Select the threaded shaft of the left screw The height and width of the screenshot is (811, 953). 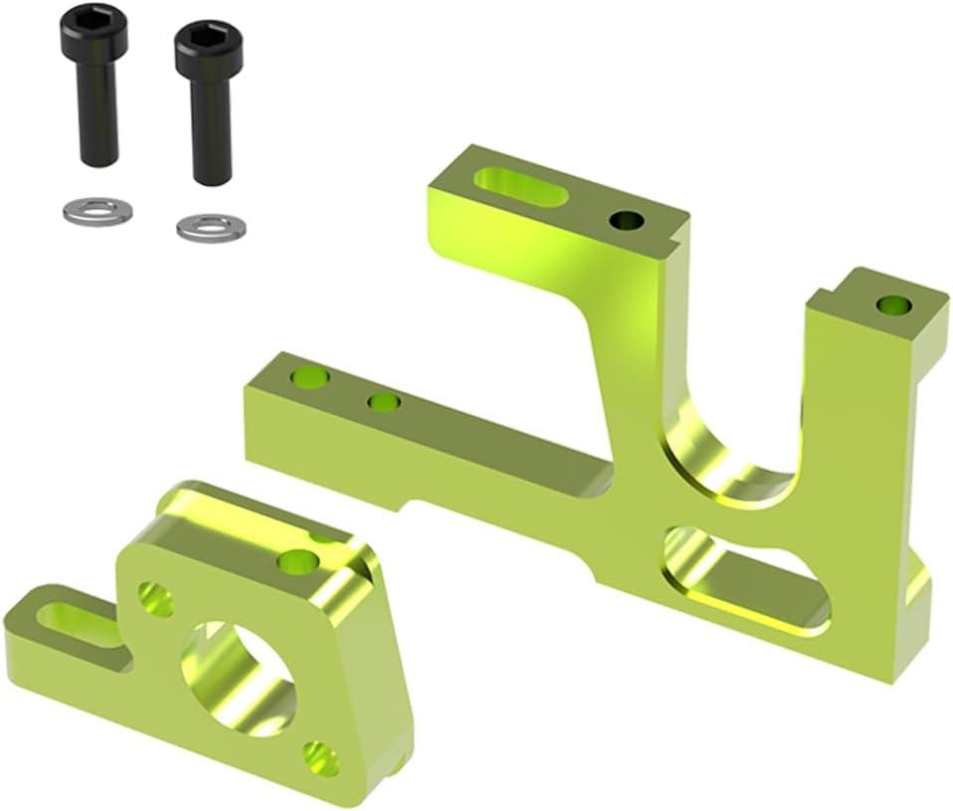tap(96, 114)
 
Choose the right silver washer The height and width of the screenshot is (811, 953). tap(211, 227)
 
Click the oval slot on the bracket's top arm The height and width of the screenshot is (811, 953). tap(520, 187)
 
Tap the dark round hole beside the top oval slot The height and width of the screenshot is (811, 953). tap(627, 220)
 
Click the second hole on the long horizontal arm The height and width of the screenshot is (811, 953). tap(383, 402)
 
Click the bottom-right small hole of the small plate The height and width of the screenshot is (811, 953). tap(320, 758)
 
